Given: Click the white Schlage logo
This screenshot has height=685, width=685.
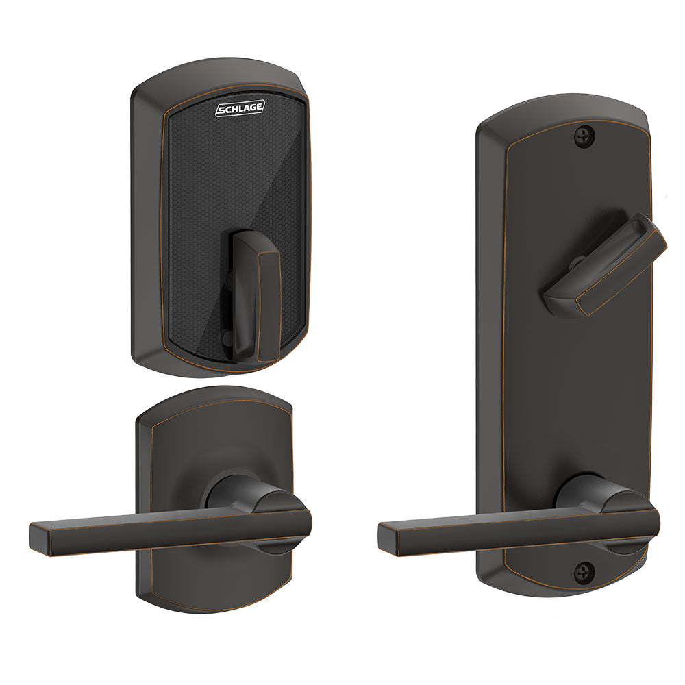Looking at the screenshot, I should (240, 110).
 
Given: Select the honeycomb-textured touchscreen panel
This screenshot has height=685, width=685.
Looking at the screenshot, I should (206, 206).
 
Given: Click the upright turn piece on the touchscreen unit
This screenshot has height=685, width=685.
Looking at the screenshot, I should (256, 295).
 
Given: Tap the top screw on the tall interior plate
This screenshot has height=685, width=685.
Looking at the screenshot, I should (585, 136).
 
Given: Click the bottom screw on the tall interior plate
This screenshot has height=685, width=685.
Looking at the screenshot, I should (583, 569).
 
